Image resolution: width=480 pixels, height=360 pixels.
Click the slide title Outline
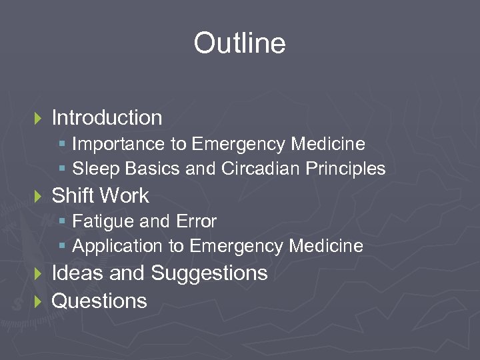(x=239, y=44)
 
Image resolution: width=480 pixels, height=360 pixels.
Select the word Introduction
(x=107, y=118)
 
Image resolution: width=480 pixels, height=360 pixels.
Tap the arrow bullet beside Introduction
(x=37, y=119)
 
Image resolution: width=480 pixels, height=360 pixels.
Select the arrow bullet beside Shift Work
(x=37, y=197)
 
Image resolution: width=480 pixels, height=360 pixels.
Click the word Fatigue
(x=99, y=221)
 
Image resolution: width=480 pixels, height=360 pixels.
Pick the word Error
(x=197, y=221)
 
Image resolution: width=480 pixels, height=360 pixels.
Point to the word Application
(x=117, y=247)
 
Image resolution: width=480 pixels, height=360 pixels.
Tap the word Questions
(x=99, y=301)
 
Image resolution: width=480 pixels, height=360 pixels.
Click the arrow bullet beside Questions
(x=37, y=302)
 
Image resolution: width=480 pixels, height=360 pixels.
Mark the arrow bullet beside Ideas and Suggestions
(x=37, y=274)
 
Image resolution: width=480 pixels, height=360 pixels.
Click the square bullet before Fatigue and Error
(x=62, y=221)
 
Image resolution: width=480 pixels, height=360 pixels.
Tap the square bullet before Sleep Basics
(x=62, y=169)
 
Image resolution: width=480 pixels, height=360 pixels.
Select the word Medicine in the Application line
(x=325, y=246)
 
